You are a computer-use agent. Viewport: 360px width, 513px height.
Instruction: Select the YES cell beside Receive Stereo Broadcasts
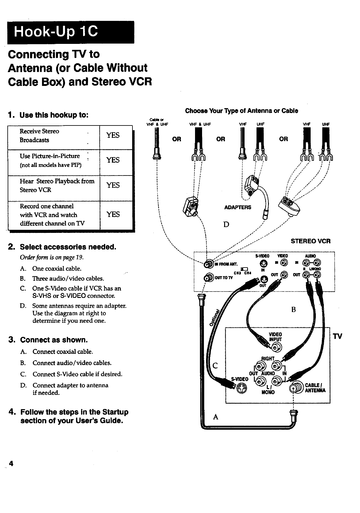[x=113, y=135]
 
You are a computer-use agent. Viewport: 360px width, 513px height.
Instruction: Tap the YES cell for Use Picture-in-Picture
[x=113, y=160]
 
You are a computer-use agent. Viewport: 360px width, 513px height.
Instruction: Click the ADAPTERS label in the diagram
[x=238, y=207]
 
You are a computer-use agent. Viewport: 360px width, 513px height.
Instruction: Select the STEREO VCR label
[x=311, y=241]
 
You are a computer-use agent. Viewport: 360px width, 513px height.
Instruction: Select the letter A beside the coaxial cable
[x=216, y=417]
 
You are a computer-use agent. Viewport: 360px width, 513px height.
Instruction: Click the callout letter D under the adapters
[x=226, y=224]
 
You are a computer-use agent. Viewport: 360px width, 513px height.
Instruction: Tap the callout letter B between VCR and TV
[x=293, y=309]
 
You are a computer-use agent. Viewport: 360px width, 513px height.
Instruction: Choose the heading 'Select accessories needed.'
[x=68, y=247]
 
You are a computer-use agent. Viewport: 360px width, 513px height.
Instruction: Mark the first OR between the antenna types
[x=177, y=139]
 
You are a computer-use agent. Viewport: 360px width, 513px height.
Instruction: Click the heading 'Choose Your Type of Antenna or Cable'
[x=241, y=111]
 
